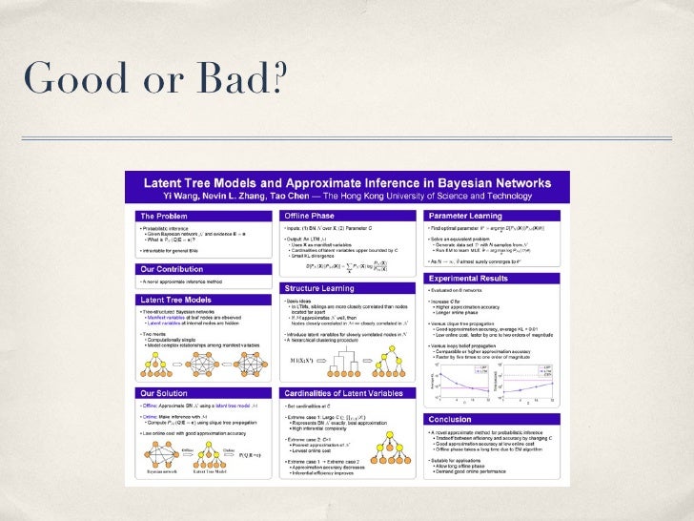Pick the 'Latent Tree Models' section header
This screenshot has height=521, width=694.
pos(178,300)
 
